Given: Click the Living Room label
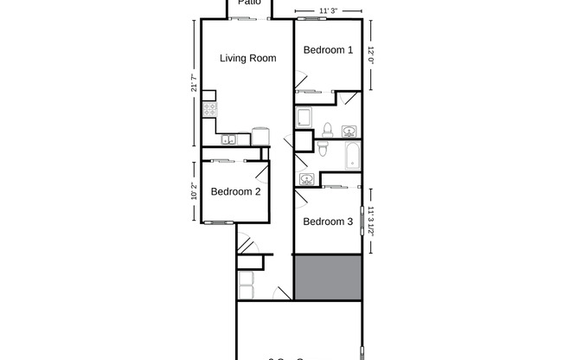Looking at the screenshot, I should pos(247,59).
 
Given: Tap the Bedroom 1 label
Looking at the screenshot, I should pos(328,50).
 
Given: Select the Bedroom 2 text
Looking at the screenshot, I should pos(235,191).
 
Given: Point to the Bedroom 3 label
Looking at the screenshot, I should pos(328,222).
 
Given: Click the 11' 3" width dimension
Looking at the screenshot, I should pos(328,11).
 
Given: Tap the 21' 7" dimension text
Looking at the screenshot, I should pos(195,84).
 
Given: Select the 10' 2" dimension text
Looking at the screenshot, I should pos(195,189).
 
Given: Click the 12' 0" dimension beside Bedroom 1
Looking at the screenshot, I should pos(372,54).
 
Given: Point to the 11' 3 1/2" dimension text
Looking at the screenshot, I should pos(372,222).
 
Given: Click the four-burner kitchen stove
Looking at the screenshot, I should pos(208,110).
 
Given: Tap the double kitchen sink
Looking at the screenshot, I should pos(228,139).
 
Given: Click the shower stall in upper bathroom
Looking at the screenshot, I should pos(304,119).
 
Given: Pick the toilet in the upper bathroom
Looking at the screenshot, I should pos(327,130).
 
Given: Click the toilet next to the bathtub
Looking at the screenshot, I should pos(323,149).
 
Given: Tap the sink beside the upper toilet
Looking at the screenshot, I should pos(349,132).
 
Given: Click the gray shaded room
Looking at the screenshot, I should pos(328,277).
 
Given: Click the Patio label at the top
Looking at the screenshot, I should pos(250,3).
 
